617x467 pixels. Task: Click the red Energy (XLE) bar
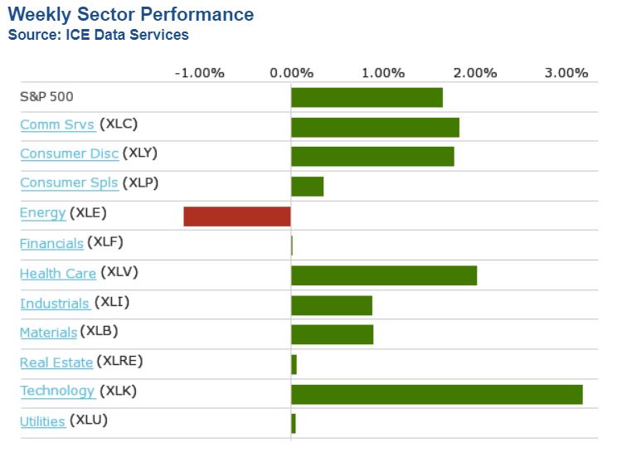237,216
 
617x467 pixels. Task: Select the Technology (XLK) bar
437,394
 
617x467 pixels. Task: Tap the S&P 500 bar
367,97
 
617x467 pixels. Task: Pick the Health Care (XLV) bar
384,275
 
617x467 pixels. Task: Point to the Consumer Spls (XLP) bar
307,186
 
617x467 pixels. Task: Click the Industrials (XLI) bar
332,305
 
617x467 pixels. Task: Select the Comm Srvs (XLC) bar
375,127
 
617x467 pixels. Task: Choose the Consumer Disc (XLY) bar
372,156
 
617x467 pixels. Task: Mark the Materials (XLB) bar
332,334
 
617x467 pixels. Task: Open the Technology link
57,391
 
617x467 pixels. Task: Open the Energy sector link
42,213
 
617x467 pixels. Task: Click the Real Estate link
56,362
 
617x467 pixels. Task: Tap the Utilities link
42,421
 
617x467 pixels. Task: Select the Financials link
51,243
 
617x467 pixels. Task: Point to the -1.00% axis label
199,73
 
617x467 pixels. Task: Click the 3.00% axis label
566,73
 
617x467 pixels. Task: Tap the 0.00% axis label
291,73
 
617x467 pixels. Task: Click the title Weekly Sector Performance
131,15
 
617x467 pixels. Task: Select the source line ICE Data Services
98,35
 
